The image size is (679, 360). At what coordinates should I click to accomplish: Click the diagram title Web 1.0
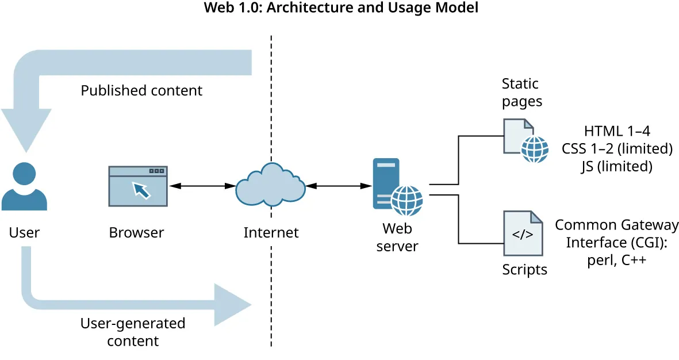[x=341, y=9]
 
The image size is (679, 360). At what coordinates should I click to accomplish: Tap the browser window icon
[x=138, y=186]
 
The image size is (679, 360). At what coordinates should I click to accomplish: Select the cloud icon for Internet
[x=270, y=186]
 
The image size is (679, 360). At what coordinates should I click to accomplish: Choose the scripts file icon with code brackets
[x=523, y=233]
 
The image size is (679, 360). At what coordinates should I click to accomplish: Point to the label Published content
[x=141, y=91]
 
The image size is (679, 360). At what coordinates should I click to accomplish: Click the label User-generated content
[x=133, y=332]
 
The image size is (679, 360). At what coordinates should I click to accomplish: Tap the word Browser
[x=136, y=233]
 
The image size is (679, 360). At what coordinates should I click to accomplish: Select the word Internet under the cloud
[x=271, y=233]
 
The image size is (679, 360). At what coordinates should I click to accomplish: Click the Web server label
[x=397, y=238]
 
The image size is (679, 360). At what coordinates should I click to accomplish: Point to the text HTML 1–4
[x=617, y=131]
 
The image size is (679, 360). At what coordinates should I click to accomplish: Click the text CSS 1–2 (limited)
[x=617, y=148]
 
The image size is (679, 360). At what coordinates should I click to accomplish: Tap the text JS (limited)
[x=617, y=167]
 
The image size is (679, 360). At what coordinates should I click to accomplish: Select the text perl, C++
[x=617, y=259]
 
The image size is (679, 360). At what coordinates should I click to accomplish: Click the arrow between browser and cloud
[x=201, y=186]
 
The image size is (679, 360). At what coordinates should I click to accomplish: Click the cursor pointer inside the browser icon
[x=141, y=190]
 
